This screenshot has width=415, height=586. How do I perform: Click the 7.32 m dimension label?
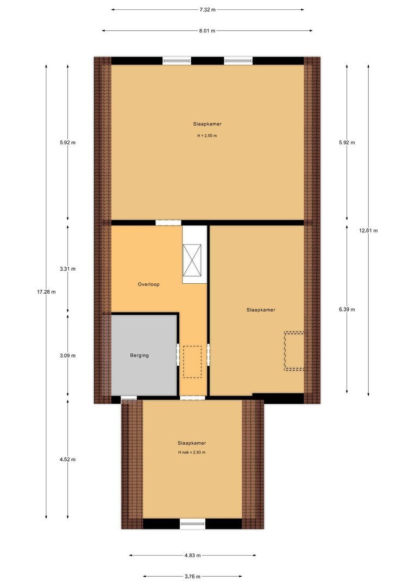207,9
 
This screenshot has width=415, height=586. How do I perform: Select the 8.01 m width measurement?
207,31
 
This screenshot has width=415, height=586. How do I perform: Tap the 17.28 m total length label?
46,292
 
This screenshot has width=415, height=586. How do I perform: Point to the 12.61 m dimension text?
368,230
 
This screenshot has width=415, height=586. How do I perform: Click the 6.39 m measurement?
347,309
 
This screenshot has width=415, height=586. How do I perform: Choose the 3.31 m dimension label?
68,269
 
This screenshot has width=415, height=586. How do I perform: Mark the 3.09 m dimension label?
68,356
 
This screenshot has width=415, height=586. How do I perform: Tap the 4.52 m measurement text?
68,459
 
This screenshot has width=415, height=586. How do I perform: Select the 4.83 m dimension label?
192,555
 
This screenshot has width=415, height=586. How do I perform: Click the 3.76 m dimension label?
192,576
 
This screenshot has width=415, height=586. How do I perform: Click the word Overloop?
148,284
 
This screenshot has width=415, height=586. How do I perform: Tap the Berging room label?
139,355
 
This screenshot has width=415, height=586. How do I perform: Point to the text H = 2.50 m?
207,136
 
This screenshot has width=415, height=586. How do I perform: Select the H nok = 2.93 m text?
192,452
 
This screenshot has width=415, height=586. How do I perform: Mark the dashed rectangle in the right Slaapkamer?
295,351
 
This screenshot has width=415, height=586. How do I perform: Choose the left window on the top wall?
177,61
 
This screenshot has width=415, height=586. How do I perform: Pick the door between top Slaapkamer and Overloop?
168,222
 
